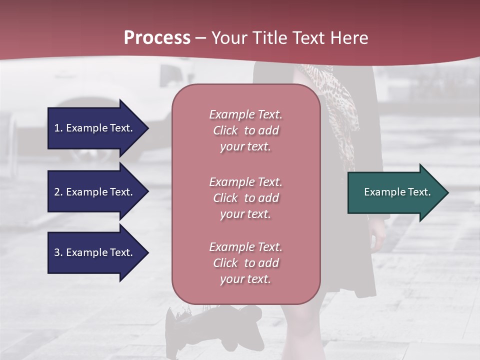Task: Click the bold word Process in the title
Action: (x=157, y=38)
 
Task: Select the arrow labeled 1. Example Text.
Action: (x=95, y=128)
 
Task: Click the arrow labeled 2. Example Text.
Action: (x=95, y=192)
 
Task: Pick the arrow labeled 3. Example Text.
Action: (x=95, y=252)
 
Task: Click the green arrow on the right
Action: (x=395, y=192)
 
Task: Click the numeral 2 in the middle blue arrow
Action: (x=57, y=192)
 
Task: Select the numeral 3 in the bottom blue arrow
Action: (x=57, y=252)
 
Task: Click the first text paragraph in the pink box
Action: (x=245, y=130)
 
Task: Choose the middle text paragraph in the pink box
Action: (x=245, y=198)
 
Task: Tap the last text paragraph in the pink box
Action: (x=245, y=263)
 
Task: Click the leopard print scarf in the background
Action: (x=340, y=110)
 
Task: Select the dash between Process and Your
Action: (x=201, y=38)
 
